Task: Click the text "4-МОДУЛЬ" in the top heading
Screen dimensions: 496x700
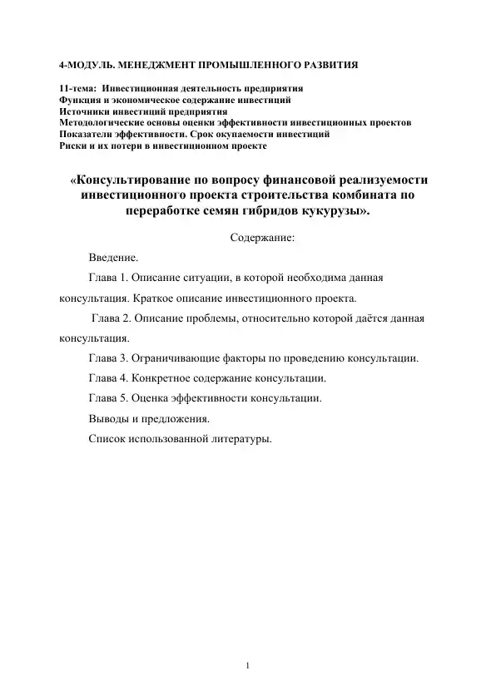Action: click(x=86, y=63)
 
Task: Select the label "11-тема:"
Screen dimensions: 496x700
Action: click(x=77, y=88)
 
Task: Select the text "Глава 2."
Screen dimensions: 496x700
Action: click(x=114, y=318)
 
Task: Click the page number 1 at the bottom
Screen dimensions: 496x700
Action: click(x=248, y=665)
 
